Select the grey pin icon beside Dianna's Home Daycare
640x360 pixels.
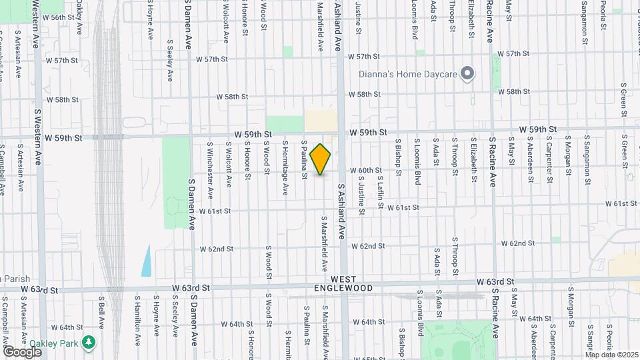[467, 74]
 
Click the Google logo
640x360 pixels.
[22, 351]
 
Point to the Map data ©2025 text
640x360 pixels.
[611, 355]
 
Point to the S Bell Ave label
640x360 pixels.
[102, 313]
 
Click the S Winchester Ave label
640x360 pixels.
[210, 170]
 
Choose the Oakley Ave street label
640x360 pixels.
[79, 20]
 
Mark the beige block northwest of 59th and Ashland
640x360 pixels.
[321, 121]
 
